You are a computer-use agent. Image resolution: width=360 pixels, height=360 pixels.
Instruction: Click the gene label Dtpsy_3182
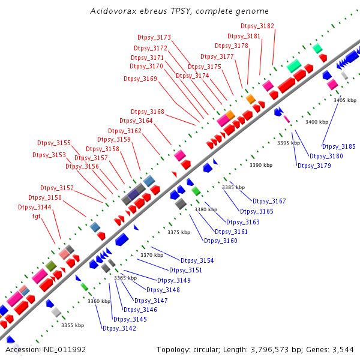click(257, 26)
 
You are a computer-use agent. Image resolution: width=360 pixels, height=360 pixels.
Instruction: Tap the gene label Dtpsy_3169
click(140, 79)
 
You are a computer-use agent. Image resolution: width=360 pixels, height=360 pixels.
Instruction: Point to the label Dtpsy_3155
click(54, 143)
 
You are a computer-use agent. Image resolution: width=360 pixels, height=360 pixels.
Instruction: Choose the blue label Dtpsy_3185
click(339, 146)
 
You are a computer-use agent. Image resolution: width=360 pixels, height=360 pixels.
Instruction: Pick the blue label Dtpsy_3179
click(314, 166)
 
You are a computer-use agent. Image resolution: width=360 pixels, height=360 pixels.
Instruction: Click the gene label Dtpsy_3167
click(269, 201)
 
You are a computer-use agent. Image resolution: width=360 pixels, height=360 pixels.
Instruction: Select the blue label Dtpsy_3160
click(221, 241)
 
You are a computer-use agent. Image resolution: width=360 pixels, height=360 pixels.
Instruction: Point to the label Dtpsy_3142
click(119, 328)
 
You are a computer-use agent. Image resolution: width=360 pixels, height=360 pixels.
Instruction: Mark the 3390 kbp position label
click(261, 164)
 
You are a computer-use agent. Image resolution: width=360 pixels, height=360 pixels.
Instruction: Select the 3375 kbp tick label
click(179, 232)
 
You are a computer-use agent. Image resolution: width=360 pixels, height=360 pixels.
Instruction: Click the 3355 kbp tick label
click(73, 325)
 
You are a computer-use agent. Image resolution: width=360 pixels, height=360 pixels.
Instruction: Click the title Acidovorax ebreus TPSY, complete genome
click(179, 11)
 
